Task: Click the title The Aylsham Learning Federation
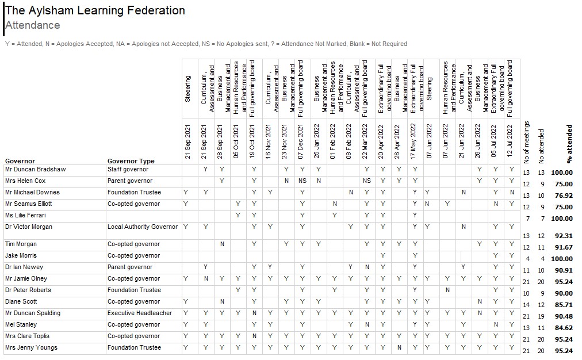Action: coord(95,10)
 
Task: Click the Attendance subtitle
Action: coord(33,25)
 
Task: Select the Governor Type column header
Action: coord(131,161)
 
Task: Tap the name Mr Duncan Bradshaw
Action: coord(35,169)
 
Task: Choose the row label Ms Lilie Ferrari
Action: coord(26,215)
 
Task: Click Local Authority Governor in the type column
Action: coord(143,227)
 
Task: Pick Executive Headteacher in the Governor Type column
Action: coord(140,313)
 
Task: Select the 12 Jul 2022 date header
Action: coord(510,141)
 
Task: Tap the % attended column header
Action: coord(569,144)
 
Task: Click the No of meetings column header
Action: coord(526,142)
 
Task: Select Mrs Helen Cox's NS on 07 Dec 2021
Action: coord(303,181)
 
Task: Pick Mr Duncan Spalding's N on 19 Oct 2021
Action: coord(254,313)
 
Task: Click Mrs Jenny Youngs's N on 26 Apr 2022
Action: coord(399,347)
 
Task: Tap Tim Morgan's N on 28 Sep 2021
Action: coord(222,244)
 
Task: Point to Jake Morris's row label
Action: coord(21,255)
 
